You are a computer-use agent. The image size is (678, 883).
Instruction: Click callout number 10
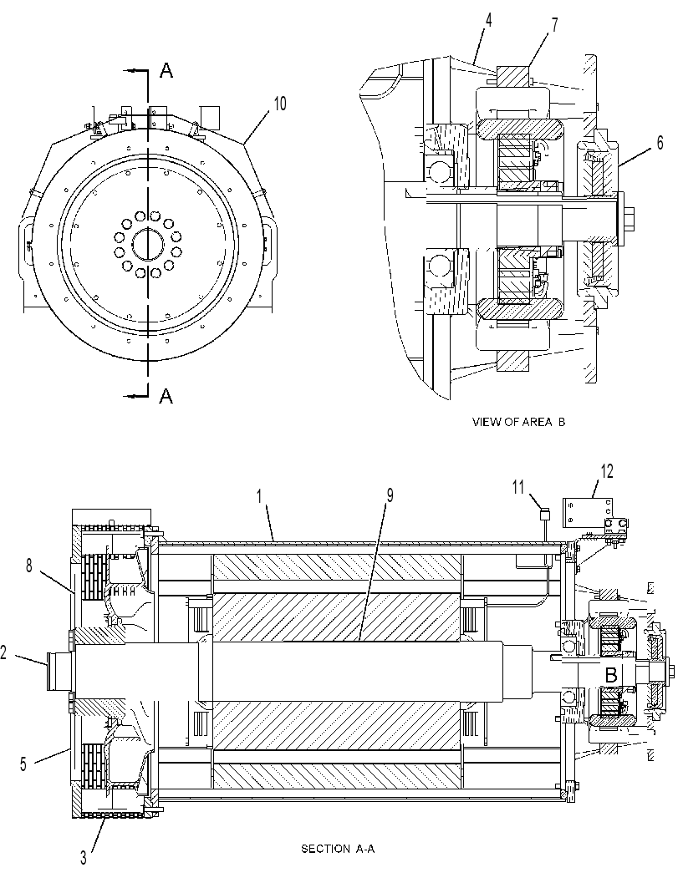pos(279,104)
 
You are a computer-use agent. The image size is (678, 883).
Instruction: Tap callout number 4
pos(488,21)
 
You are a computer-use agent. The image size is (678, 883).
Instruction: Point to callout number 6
pos(660,143)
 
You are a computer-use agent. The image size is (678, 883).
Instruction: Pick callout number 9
pos(390,495)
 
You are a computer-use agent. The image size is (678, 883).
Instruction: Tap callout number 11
pos(519,485)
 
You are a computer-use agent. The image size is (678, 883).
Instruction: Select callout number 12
pos(606,471)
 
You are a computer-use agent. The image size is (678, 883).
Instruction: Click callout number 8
pos(29,565)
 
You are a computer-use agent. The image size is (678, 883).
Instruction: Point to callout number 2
pos(3,653)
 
